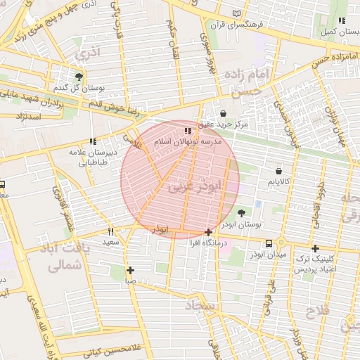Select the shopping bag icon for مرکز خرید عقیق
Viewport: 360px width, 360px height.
(223, 113)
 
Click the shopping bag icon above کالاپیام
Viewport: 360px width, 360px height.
(279, 171)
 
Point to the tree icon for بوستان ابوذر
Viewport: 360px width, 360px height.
(242, 212)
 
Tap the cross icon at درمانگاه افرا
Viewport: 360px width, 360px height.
(208, 232)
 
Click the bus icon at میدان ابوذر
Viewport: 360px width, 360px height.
(269, 243)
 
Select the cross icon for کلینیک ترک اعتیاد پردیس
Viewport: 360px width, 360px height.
(315, 248)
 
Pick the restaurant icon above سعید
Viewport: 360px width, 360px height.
(111, 231)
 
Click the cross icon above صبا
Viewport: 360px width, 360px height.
(130, 270)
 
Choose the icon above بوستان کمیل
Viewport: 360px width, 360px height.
(342, 21)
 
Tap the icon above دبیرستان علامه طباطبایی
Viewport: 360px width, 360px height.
(93, 141)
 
